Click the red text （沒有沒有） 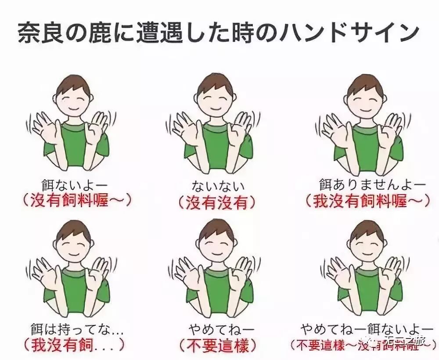(x=216, y=202)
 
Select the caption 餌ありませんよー (x=367, y=184)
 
